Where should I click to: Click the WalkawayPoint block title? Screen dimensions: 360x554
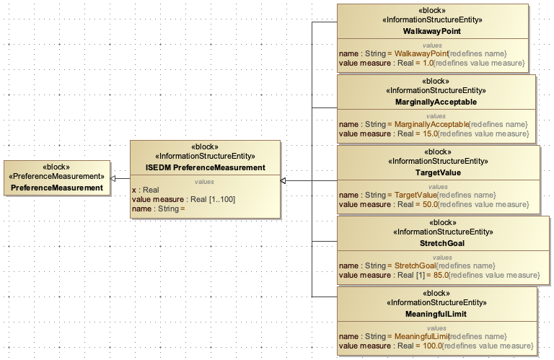point(433,32)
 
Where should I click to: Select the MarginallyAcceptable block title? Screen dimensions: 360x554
point(436,102)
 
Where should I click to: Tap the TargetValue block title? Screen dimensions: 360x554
point(439,173)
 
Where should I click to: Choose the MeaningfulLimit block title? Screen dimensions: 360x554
point(437,314)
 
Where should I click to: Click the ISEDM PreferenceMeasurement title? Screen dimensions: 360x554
point(205,167)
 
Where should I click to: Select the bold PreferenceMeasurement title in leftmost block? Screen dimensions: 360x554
point(57,188)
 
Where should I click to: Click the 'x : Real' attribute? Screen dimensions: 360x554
point(145,190)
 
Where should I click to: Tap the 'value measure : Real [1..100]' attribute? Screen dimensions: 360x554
point(183,199)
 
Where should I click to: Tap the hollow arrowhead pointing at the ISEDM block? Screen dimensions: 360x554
point(284,180)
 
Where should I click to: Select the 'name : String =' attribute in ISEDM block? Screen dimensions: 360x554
point(158,209)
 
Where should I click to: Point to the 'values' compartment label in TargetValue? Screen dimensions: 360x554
point(438,186)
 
